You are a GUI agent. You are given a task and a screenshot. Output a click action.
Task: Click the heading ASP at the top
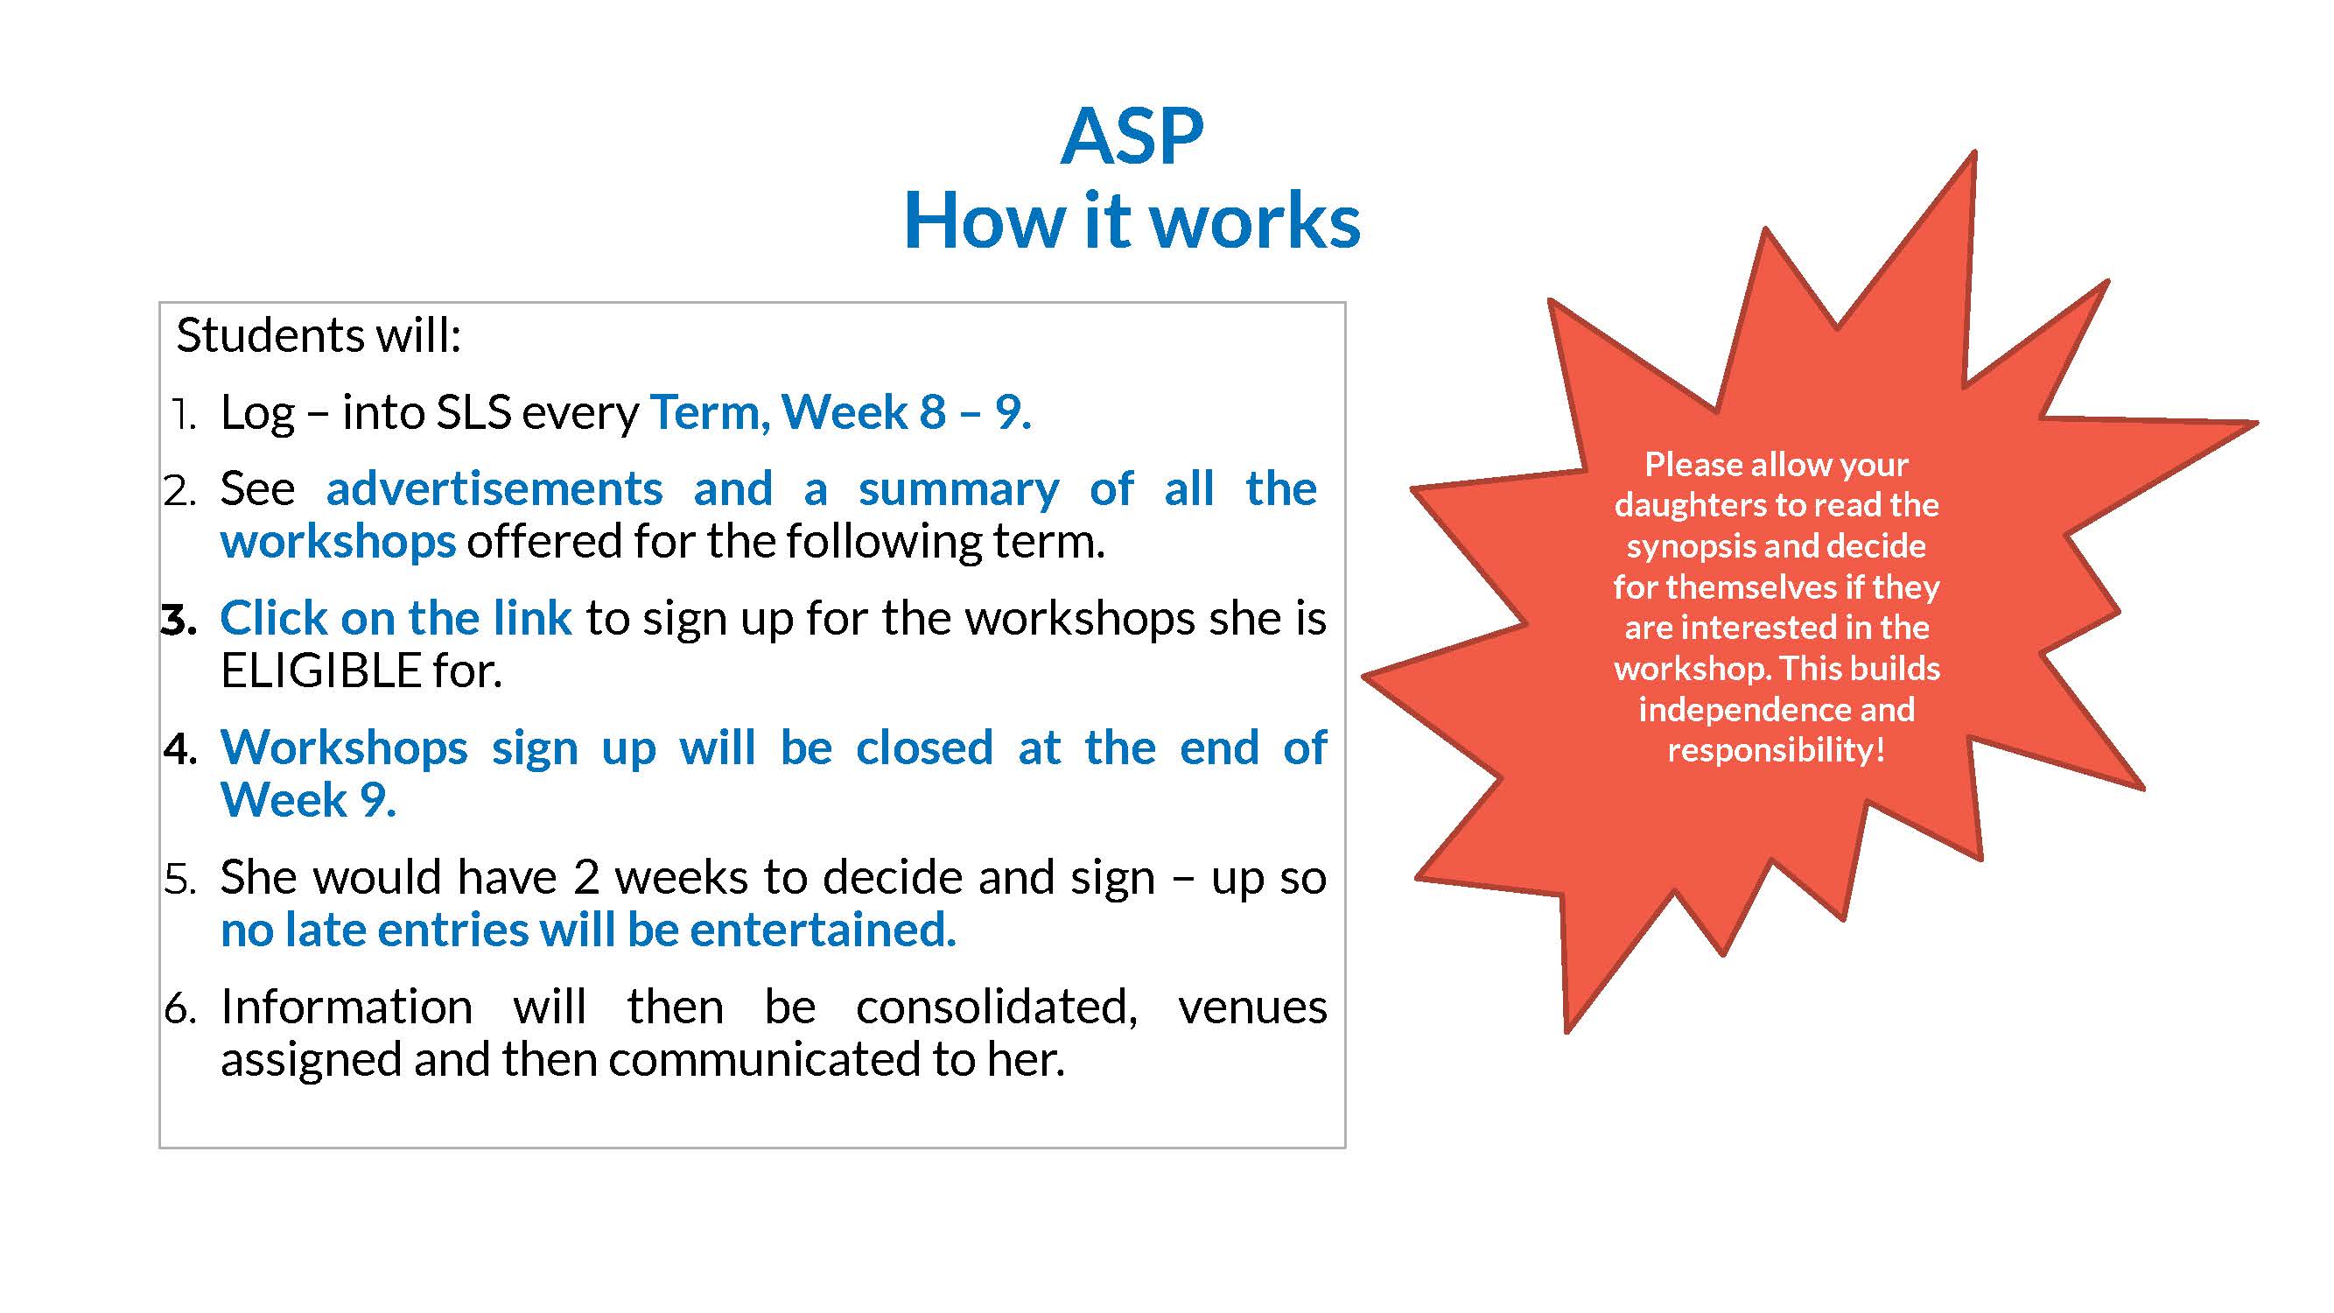[1132, 137]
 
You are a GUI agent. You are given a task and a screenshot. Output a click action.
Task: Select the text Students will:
[319, 335]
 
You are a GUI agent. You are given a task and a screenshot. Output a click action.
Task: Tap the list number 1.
[184, 414]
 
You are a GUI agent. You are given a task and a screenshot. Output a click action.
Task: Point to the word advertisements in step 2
[494, 489]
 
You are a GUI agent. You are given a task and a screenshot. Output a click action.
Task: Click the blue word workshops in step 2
[338, 542]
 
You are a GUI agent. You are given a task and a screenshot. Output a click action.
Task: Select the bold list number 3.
[179, 621]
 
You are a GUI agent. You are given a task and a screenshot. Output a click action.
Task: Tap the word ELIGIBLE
[322, 671]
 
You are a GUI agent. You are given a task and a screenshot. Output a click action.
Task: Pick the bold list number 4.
[180, 750]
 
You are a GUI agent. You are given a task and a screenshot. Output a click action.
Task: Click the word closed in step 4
[925, 748]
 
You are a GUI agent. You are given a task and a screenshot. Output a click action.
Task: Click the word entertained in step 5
[823, 930]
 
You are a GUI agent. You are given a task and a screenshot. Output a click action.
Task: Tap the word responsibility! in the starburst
[1777, 751]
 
